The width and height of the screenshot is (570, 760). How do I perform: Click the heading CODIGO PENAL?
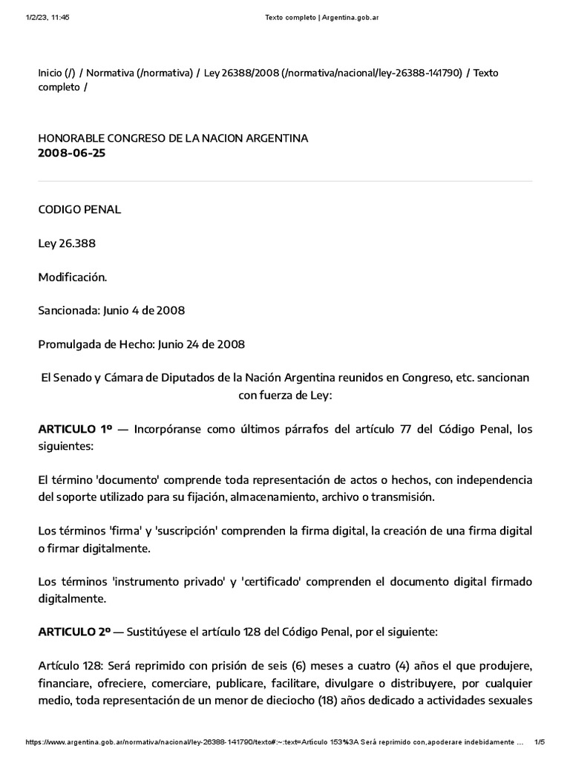[79, 209]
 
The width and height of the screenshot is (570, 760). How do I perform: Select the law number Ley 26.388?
[67, 243]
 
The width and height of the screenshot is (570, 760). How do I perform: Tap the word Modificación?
[73, 277]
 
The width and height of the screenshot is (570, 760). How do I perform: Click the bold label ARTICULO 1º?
[75, 430]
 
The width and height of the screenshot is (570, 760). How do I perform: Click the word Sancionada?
[67, 311]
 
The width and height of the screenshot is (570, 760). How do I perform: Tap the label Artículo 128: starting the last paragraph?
[68, 666]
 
